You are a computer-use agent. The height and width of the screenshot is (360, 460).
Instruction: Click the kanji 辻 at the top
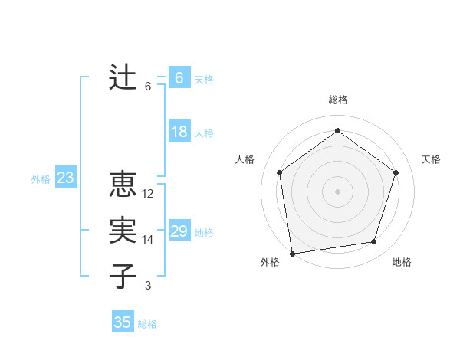click(123, 77)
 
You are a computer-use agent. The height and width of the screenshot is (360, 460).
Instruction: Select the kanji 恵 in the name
click(123, 185)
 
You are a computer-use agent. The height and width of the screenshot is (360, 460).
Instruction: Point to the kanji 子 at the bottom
click(123, 276)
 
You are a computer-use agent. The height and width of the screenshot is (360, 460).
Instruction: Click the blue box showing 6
click(179, 77)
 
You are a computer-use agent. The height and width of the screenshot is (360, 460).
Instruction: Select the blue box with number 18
click(179, 132)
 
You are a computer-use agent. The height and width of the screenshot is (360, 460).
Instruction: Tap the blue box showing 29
click(179, 231)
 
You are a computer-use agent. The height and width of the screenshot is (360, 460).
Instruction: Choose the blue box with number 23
click(66, 178)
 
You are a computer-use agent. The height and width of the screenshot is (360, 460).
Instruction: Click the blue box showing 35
click(123, 322)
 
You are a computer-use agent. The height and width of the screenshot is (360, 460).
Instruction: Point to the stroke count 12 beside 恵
click(148, 195)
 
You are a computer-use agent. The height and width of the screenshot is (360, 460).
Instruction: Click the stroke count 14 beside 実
click(148, 240)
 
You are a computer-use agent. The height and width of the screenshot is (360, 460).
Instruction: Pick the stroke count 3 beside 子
click(148, 286)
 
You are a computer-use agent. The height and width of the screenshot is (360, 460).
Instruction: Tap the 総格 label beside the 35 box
click(147, 324)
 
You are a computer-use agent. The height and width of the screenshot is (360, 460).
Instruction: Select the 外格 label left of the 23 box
click(41, 179)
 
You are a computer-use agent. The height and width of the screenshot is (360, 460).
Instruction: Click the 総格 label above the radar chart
click(338, 100)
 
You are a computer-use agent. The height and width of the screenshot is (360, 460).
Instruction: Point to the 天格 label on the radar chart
click(432, 159)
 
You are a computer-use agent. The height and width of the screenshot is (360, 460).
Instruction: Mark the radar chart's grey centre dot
click(337, 191)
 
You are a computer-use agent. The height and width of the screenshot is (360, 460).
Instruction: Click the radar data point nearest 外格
click(291, 253)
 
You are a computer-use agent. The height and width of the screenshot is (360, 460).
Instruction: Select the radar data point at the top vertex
click(337, 131)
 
